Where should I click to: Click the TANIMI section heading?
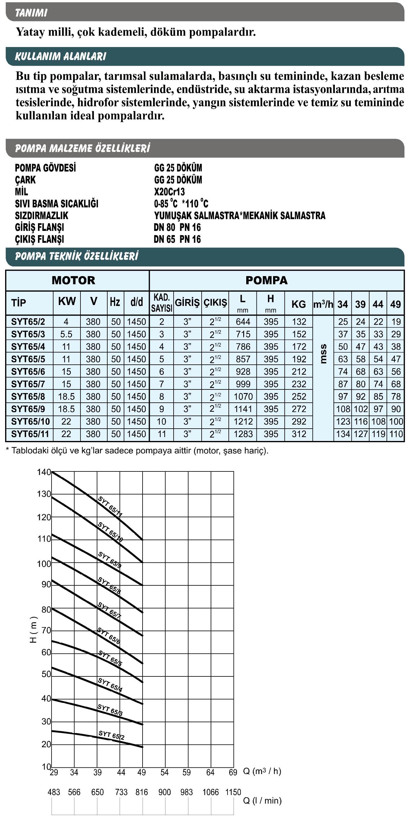[31, 13]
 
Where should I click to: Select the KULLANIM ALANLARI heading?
[61, 56]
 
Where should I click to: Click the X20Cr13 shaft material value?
[169, 191]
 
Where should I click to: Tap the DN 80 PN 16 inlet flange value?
[177, 227]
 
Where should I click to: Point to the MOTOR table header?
[73, 280]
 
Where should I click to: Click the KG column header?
[298, 304]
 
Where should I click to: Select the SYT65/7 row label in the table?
[28, 384]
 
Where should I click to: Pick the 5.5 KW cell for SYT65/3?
[66, 334]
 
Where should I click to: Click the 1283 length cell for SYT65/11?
[243, 434]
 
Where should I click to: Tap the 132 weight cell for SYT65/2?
[299, 322]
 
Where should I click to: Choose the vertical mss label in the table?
[323, 354]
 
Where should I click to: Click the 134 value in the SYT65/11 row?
[343, 434]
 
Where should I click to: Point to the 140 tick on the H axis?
[44, 472]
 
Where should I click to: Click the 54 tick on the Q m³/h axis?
[165, 772]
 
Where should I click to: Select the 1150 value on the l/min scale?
[233, 792]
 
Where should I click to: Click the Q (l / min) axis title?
[262, 801]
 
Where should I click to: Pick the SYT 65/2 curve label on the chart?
[111, 735]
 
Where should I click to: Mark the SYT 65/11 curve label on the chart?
[110, 506]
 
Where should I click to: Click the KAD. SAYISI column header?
[161, 303]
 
